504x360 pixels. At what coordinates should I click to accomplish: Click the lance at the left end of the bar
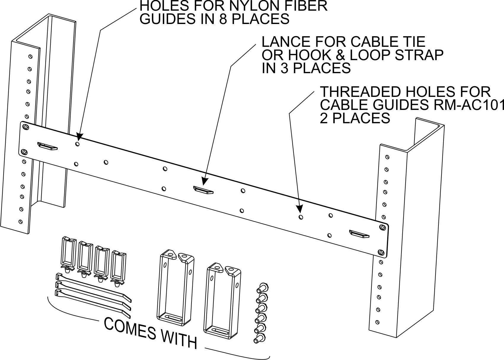pyautogui.click(x=47, y=146)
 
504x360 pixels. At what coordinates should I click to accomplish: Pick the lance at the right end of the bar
pyautogui.click(x=359, y=234)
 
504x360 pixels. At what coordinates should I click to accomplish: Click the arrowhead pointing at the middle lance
pyautogui.click(x=204, y=180)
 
